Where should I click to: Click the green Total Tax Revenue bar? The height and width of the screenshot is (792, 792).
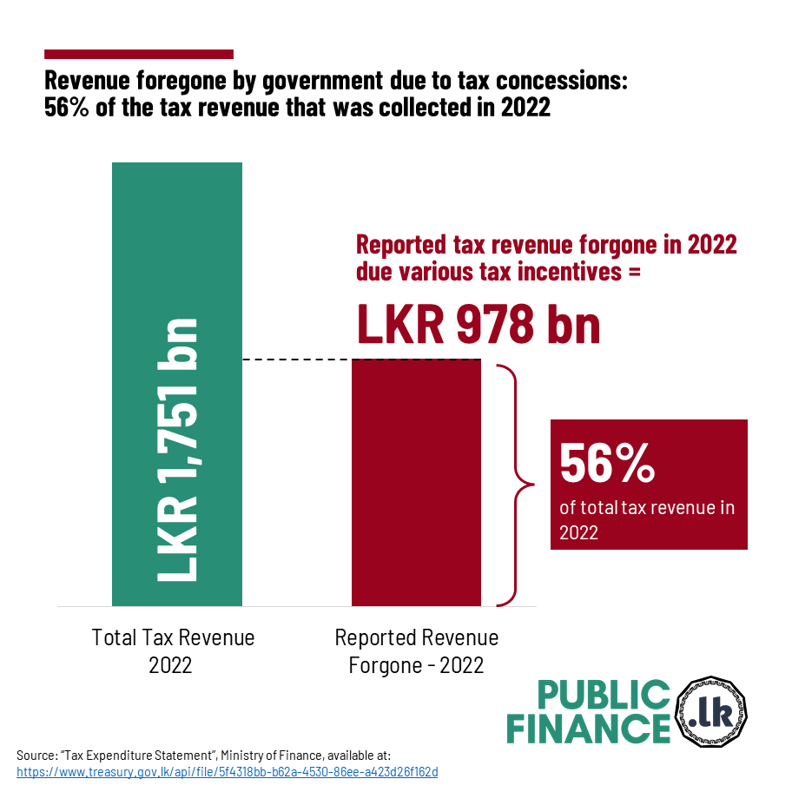tap(177, 261)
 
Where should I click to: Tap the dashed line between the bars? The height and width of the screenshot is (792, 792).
tap(295, 360)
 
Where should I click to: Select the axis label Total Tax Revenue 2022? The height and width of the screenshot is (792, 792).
tap(173, 651)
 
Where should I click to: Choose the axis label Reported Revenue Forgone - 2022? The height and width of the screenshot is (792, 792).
tap(416, 651)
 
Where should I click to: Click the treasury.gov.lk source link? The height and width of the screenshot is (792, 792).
tap(227, 771)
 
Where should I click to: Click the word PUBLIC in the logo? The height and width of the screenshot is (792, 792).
tap(603, 696)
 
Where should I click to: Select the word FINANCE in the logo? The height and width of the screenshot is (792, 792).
tap(589, 729)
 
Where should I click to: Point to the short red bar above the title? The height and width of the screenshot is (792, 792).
tap(139, 55)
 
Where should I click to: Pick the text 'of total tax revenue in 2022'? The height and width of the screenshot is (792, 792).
tap(647, 519)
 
